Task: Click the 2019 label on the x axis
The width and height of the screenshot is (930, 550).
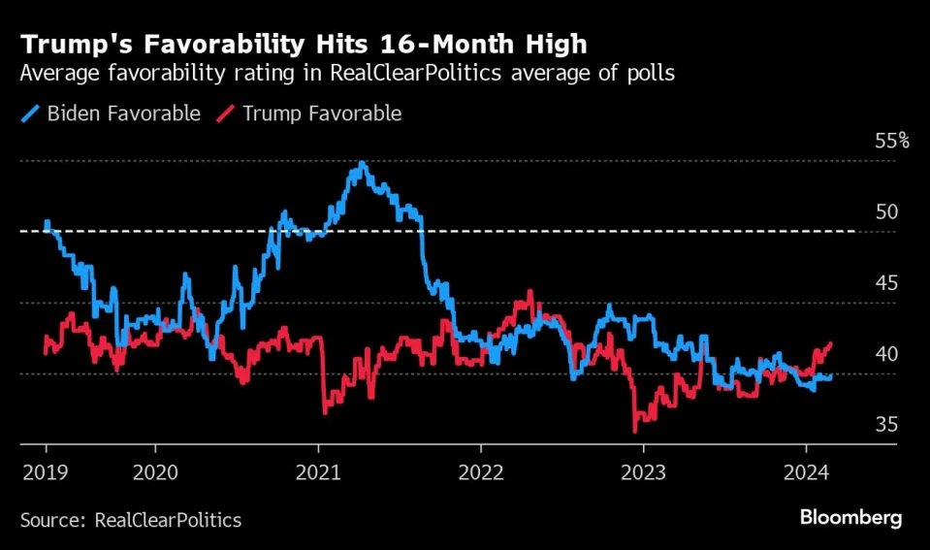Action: point(46,472)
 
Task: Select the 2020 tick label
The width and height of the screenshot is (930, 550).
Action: point(154,472)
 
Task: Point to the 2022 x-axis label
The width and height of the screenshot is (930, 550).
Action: point(480,472)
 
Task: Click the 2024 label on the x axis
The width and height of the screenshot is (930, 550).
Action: point(806,472)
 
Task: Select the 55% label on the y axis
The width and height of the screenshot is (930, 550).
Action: point(892,141)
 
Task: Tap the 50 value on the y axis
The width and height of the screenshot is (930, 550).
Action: point(886,211)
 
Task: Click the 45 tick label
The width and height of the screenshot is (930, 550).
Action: point(886,283)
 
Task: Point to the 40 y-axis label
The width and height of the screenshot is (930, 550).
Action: point(886,354)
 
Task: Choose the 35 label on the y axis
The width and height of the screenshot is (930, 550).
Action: point(886,425)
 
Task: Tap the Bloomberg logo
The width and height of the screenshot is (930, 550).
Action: point(850,518)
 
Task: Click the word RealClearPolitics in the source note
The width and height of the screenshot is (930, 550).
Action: point(168,520)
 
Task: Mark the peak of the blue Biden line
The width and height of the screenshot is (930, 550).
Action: point(362,163)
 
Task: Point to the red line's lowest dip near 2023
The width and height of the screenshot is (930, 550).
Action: point(635,431)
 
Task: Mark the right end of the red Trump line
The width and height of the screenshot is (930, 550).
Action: point(831,343)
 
